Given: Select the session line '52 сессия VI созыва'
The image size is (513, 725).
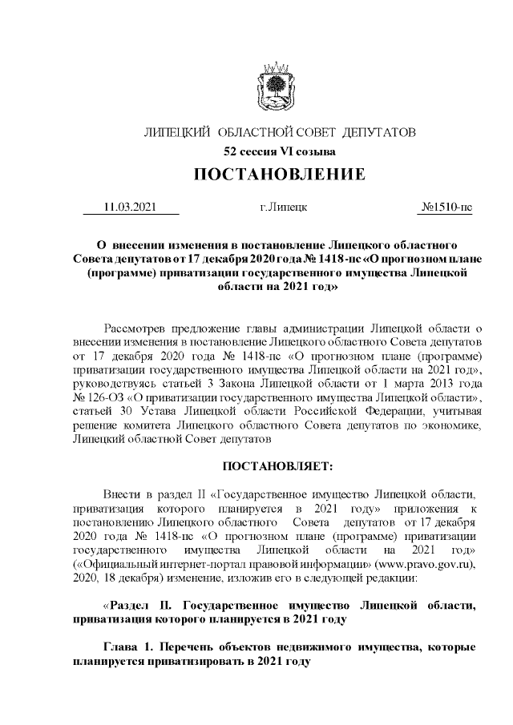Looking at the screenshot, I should [x=279, y=151].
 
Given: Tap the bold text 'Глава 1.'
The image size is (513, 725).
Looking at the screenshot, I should [x=131, y=645].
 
